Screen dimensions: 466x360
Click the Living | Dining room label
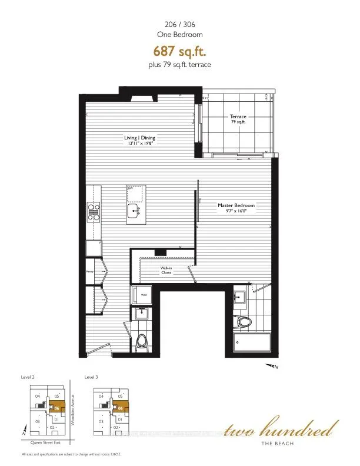pyautogui.click(x=139, y=139)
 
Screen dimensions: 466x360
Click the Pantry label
pyautogui.click(x=90, y=272)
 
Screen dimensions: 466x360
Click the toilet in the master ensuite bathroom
pyautogui.click(x=242, y=322)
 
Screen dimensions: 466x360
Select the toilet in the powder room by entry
pyautogui.click(x=142, y=341)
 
